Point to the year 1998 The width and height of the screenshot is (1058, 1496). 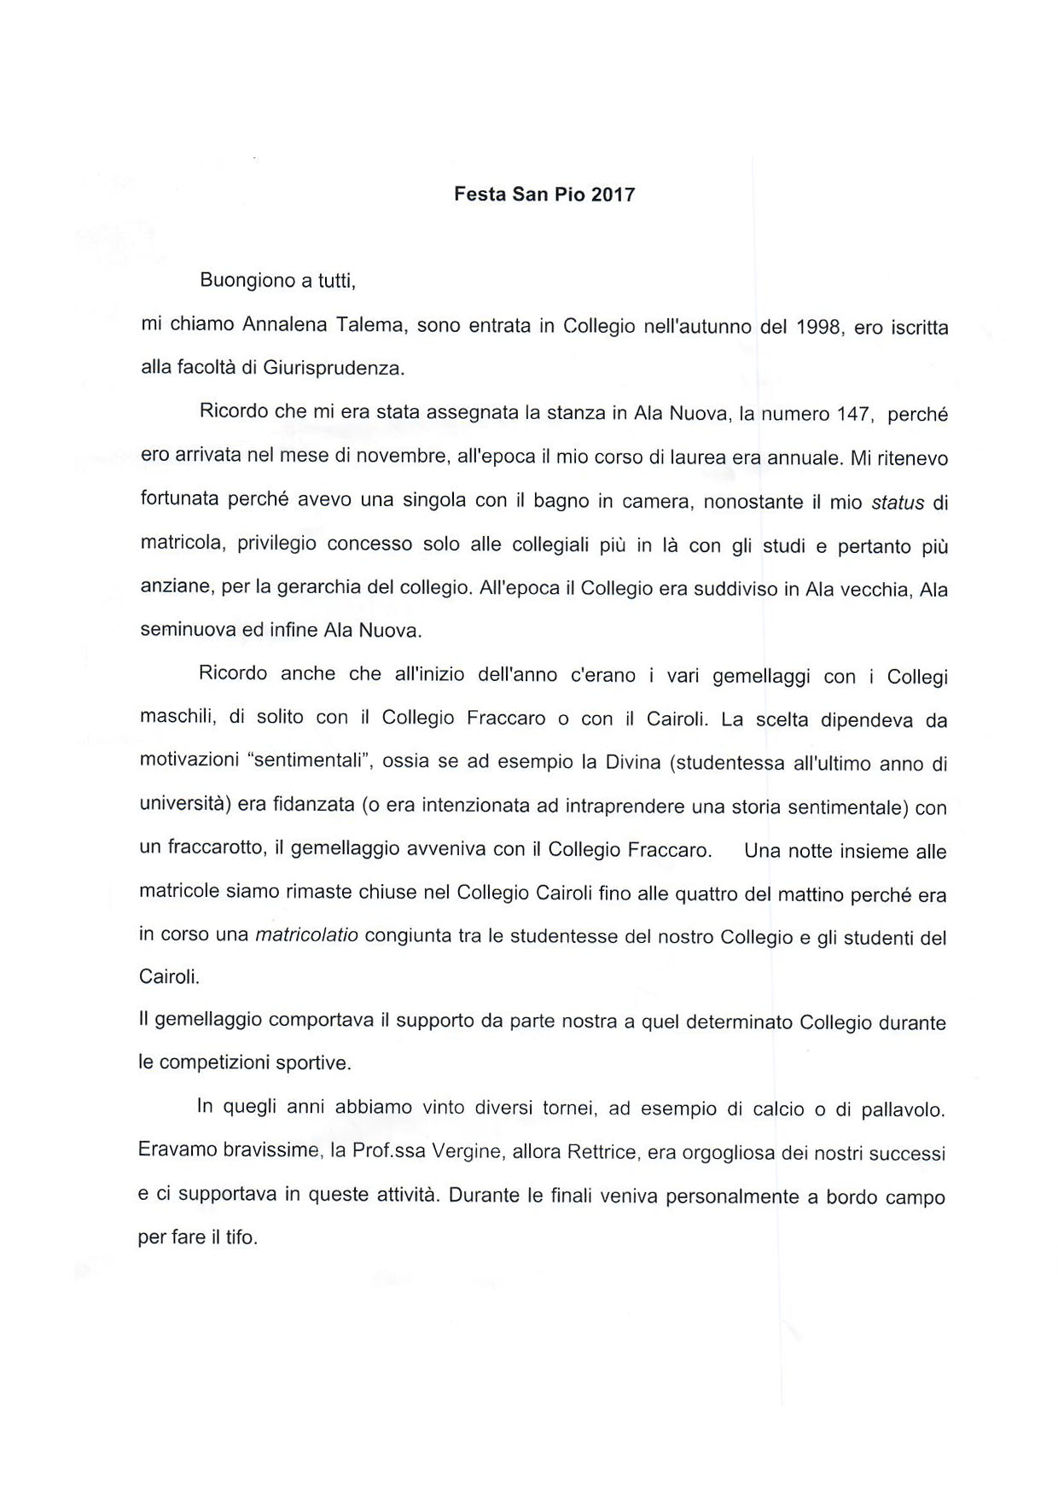click(x=819, y=327)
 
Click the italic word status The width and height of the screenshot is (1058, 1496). click(x=898, y=503)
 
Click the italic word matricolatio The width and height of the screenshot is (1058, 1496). click(x=307, y=934)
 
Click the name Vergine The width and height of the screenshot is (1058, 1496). click(x=467, y=1152)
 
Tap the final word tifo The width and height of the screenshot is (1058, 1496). click(x=241, y=1237)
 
